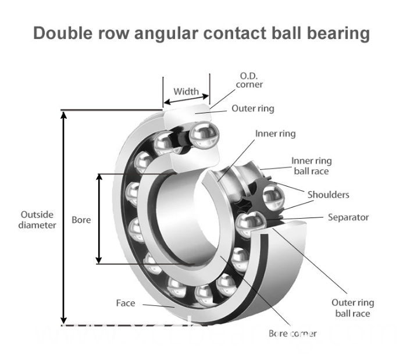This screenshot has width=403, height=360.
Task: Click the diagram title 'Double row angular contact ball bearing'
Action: coord(201,33)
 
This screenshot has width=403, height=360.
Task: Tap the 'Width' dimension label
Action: coord(186,91)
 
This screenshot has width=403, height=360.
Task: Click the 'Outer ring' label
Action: coord(253,108)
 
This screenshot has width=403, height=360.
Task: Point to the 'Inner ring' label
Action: coord(275,134)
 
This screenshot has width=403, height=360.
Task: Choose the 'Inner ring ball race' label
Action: coord(311,166)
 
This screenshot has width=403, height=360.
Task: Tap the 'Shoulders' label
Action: coord(328,194)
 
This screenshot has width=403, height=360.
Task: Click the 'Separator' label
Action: coord(348,218)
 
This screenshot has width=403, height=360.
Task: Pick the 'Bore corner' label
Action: coord(292,334)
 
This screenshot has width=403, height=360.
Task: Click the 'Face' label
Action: coord(125,303)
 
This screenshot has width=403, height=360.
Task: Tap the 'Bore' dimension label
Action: coord(81,220)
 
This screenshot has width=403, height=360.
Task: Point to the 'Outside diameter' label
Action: coord(37,219)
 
